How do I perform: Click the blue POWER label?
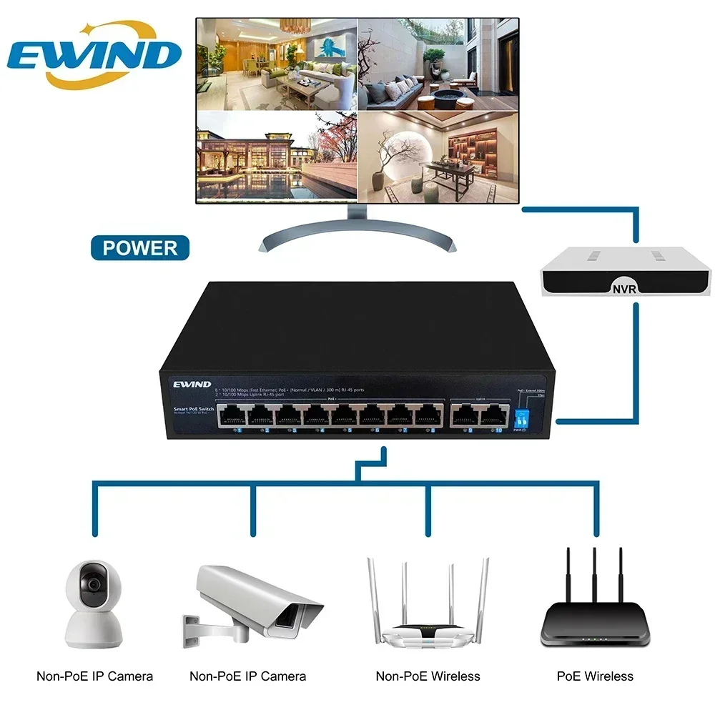140,248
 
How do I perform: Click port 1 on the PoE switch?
232,415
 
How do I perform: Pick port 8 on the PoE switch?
429,415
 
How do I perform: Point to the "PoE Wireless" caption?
595,676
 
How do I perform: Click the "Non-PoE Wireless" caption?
428,676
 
